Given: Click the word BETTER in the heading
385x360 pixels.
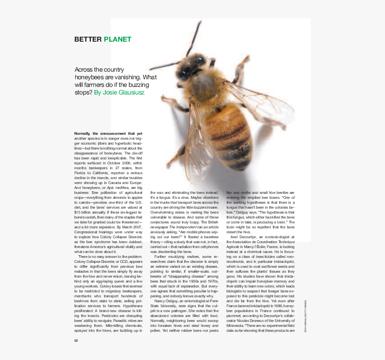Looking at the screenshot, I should pos(88,39).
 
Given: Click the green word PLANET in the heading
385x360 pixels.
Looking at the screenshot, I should pos(118,39).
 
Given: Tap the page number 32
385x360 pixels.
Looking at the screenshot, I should pos(76,341).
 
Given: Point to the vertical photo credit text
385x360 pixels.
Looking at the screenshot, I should pos(305,316).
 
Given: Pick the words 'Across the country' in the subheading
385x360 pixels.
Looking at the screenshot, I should pos(99,70).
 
